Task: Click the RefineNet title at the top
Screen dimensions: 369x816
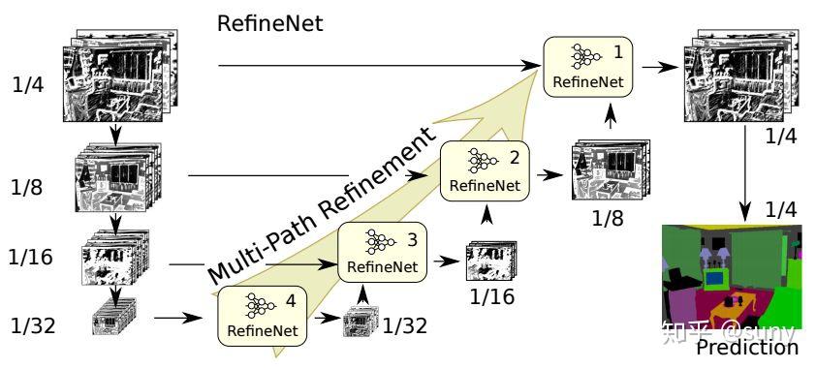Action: click(x=270, y=21)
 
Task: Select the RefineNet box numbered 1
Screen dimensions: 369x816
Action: click(x=587, y=66)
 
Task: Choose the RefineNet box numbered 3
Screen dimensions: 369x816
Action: click(x=381, y=253)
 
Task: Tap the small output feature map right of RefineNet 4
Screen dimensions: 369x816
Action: click(x=359, y=322)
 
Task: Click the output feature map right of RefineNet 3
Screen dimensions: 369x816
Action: click(x=486, y=260)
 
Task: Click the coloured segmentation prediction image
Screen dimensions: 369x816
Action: click(x=732, y=281)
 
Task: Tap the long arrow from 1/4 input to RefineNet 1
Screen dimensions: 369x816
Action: click(x=378, y=66)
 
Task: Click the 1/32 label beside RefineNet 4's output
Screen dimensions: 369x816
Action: click(x=404, y=326)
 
